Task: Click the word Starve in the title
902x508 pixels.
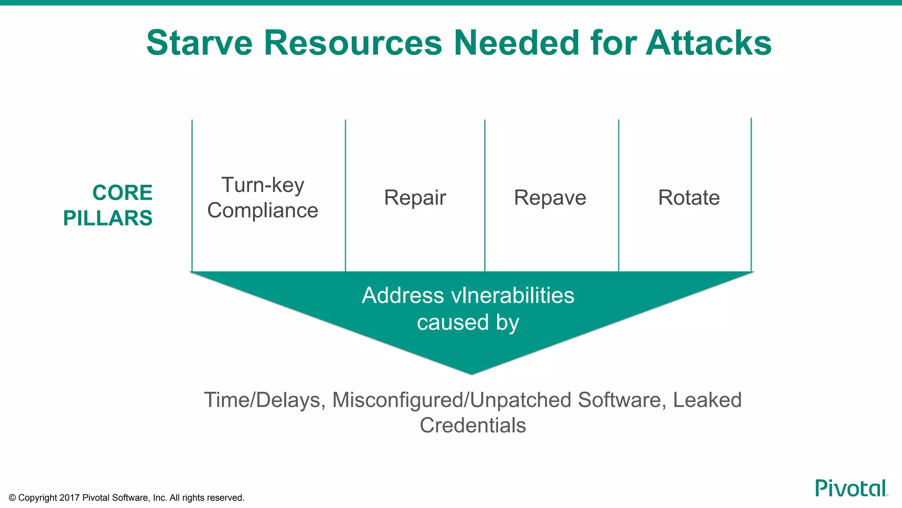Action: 199,43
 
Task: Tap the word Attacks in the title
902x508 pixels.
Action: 709,43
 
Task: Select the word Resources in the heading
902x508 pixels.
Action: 353,43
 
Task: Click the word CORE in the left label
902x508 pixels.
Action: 122,193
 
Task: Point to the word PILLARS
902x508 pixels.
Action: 108,218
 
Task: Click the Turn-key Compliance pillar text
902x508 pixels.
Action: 263,198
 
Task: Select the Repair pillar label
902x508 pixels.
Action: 415,198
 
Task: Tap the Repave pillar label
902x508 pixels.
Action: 550,198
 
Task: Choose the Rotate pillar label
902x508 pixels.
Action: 689,198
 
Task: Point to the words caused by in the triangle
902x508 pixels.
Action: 468,322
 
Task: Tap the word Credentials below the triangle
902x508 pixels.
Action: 473,426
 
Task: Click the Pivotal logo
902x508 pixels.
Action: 850,488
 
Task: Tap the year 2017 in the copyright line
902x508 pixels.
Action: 69,498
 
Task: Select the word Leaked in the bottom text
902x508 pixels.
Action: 707,400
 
